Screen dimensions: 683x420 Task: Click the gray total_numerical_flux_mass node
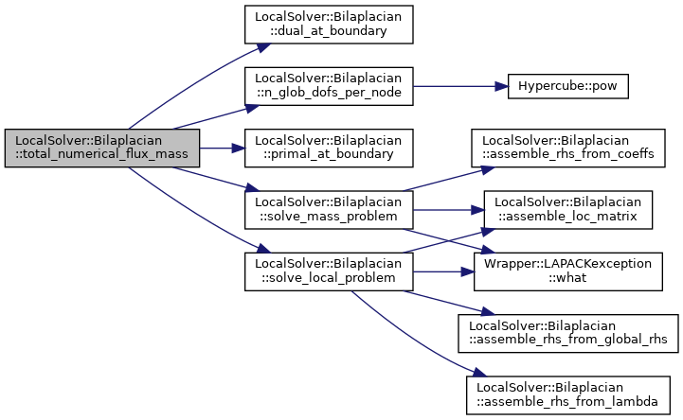102,148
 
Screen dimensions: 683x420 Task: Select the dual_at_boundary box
329,25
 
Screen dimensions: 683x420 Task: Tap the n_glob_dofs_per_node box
329,86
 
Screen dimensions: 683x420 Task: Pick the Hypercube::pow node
567,86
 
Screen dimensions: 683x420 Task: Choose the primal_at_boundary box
329,148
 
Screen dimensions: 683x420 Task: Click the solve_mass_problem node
329,210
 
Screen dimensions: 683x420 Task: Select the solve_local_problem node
329,271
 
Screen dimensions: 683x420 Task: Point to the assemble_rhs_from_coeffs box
568,148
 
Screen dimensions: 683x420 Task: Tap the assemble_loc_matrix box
568,210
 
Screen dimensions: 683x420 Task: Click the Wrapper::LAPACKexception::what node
568,271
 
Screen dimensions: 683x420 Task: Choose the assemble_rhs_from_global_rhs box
568,333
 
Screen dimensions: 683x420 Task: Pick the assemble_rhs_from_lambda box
568,394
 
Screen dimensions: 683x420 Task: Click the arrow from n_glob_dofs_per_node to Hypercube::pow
460,86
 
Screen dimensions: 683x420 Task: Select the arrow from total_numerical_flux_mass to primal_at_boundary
223,148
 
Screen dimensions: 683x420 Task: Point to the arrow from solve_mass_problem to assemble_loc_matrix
448,210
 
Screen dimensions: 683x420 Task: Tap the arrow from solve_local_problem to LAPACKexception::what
443,271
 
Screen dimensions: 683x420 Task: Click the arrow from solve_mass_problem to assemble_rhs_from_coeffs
449,179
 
